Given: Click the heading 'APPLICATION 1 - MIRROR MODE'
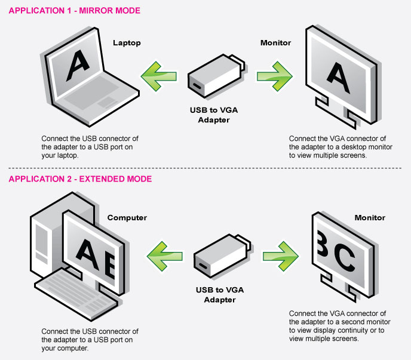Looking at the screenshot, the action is (x=75, y=11).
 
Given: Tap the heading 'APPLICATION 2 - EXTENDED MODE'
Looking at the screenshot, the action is (x=80, y=179).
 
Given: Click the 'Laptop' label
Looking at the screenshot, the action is (x=127, y=43).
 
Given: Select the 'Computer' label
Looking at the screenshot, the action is (x=127, y=218).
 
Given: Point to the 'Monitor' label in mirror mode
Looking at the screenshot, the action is (x=276, y=43).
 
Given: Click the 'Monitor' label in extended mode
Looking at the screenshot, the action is (x=370, y=217).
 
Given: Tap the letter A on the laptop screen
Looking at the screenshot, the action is (x=77, y=65).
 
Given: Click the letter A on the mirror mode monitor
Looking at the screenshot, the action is (x=338, y=77).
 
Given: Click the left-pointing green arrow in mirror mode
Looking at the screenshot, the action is (x=158, y=76).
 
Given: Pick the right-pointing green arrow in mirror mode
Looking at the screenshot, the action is (x=275, y=76).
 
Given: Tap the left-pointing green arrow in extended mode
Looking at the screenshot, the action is (x=165, y=256).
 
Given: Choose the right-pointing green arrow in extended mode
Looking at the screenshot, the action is (x=281, y=256).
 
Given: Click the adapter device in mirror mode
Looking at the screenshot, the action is (x=216, y=76).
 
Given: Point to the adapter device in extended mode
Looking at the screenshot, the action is (x=222, y=256).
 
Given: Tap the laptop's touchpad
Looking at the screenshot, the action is (x=108, y=103).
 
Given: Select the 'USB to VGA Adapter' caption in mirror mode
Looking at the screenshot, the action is (x=214, y=115).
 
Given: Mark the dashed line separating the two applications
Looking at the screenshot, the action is (x=205, y=168).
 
